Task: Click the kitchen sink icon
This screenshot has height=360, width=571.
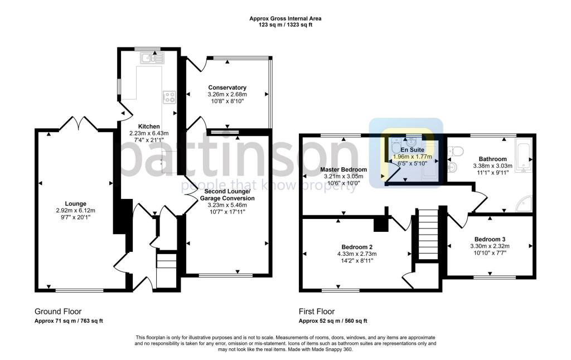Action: coord(151,57)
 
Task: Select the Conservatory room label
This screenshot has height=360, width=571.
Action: coord(227,87)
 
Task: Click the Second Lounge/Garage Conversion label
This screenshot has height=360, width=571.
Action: coord(229,194)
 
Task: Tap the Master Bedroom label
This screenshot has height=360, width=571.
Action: coord(343,169)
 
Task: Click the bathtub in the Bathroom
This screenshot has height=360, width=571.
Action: coord(524,154)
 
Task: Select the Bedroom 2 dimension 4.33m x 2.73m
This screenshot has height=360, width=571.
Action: coord(356,254)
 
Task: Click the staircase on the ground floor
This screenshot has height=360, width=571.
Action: coord(165,270)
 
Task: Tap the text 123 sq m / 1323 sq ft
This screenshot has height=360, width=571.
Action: coord(285,25)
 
